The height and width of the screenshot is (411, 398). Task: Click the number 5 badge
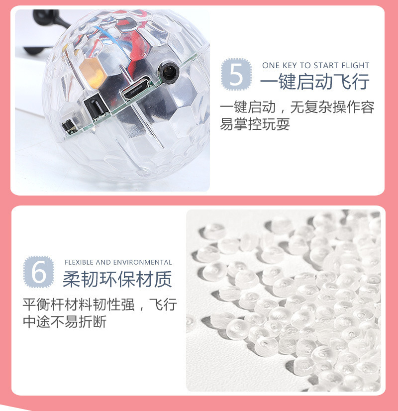coord(236,74)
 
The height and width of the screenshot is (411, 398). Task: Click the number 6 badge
coord(38,271)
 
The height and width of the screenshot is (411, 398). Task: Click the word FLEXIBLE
coord(79,262)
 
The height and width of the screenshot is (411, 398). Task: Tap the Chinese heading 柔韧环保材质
coord(117,280)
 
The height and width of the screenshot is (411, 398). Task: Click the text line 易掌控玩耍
coord(255,124)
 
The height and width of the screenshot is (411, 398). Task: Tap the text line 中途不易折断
coord(65,321)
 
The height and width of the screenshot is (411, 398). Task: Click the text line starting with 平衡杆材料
coord(99,305)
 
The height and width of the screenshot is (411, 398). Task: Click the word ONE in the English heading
coord(271,65)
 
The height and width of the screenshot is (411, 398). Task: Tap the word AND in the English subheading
coord(103,262)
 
